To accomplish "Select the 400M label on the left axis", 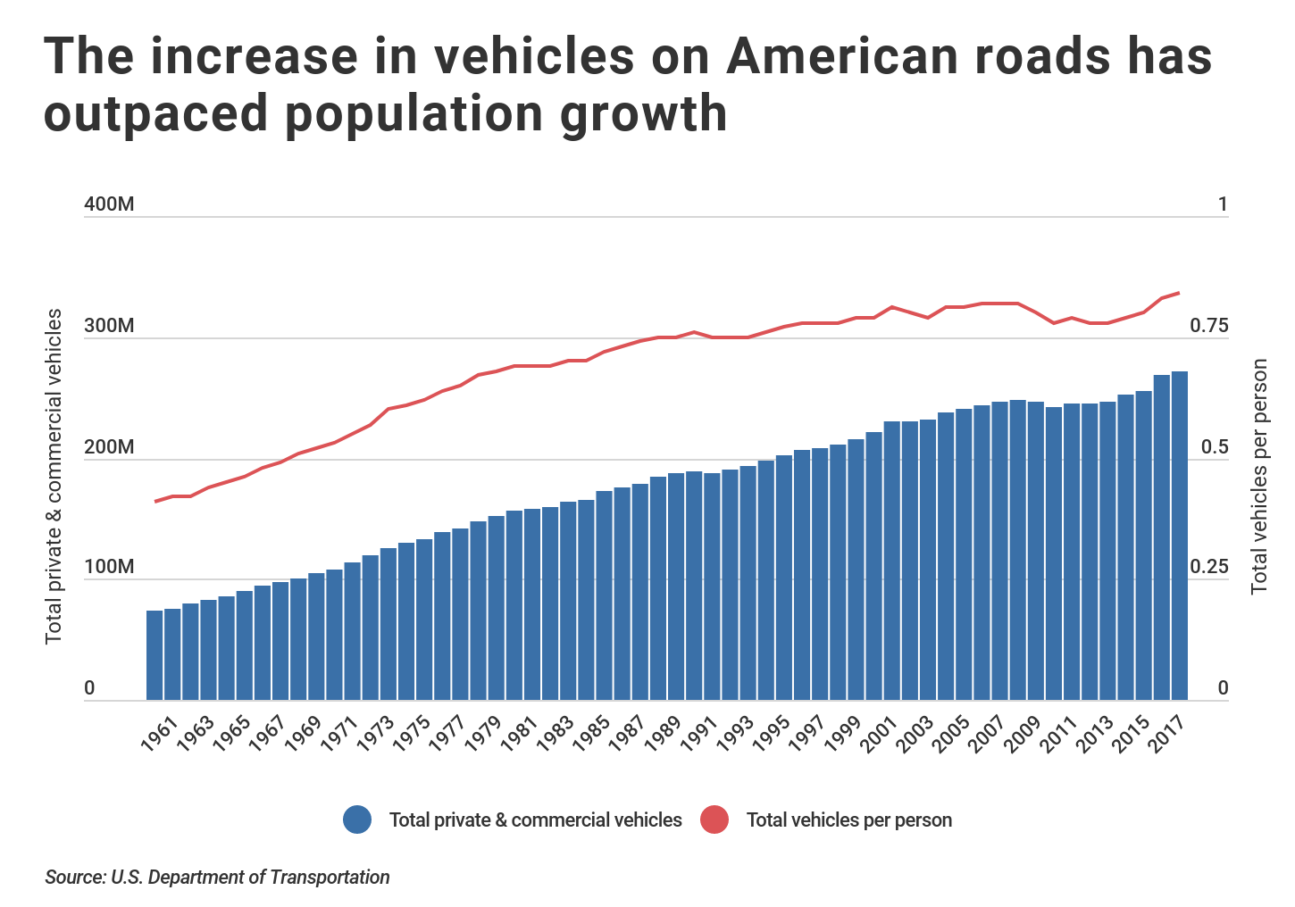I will pos(109,204).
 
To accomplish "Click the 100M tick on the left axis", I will pos(109,568).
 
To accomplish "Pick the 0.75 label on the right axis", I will pos(1208,326).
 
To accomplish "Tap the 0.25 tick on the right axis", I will pos(1208,568).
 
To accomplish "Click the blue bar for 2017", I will pos(1179,536).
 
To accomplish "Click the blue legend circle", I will pos(357,820).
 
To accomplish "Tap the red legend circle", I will pos(714,820).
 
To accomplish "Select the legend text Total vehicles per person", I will pos(848,820).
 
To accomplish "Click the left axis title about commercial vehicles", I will pos(54,475).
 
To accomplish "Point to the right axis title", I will pos(1259,476).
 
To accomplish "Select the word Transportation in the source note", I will pos(330,877).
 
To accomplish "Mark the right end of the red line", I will pos(1179,293).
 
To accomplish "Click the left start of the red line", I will pos(155,502).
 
